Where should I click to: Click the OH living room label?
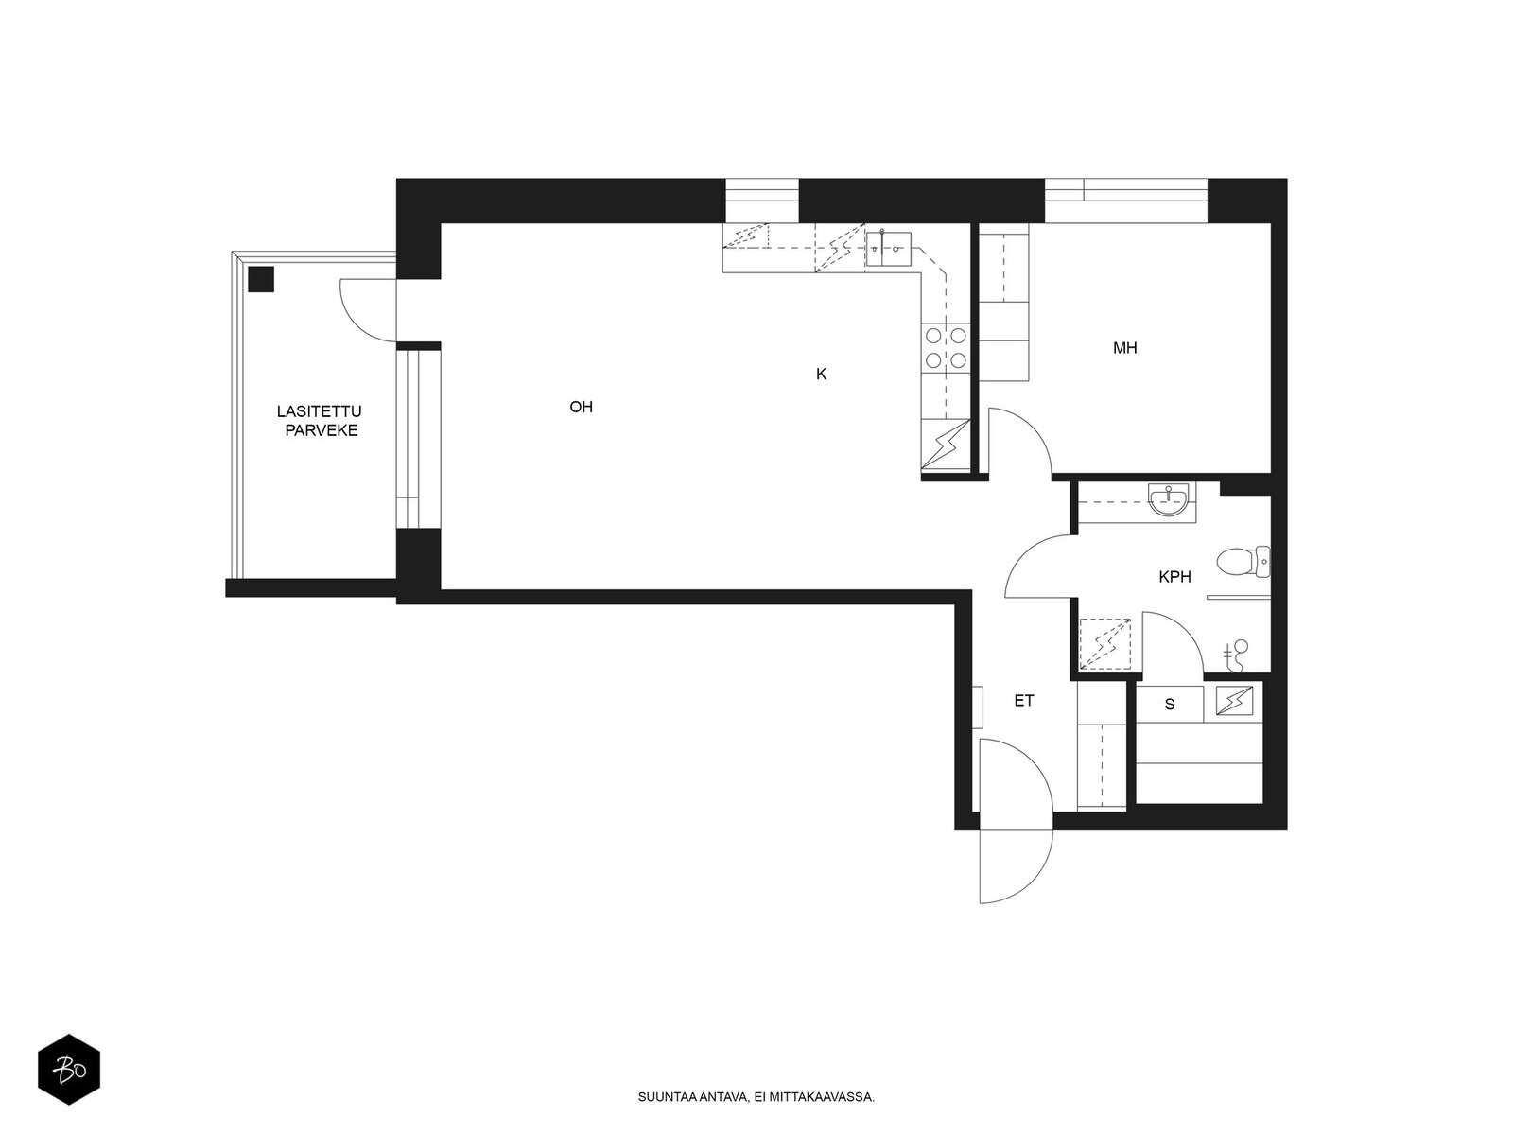point(581,407)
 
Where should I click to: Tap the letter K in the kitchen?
point(821,375)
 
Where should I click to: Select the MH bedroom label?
point(1125,348)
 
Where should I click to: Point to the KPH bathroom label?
point(1174,577)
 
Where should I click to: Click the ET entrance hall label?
point(1023,701)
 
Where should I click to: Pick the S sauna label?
point(1169,705)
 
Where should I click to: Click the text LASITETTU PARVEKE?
point(320,421)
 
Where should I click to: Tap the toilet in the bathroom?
point(1243,562)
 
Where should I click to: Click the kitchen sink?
point(889,249)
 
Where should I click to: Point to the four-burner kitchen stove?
point(945,348)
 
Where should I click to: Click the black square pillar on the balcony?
point(261,279)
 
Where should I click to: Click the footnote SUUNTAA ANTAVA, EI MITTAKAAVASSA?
point(756,1097)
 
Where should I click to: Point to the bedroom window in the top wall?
point(1125,201)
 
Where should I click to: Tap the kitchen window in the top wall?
point(761,201)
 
